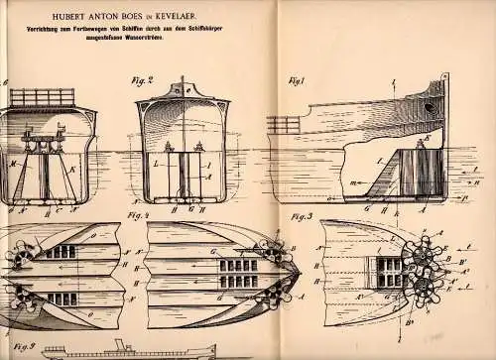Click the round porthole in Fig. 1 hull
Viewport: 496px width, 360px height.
click(428, 104)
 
